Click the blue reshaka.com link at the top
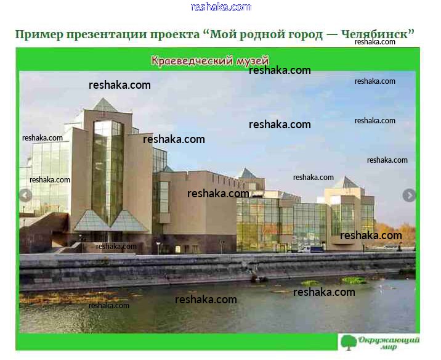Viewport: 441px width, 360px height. point(220,7)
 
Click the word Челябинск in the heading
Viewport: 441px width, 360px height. point(378,35)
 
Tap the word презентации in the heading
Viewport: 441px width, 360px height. point(107,35)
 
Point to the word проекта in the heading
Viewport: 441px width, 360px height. point(175,35)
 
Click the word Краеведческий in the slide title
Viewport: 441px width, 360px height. point(192,61)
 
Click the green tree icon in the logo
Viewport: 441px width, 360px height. point(349,342)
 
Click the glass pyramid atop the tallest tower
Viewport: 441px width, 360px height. point(105,105)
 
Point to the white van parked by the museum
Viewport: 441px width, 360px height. point(311,249)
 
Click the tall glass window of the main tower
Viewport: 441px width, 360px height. point(108,172)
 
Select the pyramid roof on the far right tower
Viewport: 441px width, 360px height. point(347,182)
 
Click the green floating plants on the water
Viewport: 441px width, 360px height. point(353,280)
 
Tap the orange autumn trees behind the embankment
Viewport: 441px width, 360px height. point(395,234)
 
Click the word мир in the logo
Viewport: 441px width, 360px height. point(389,347)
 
